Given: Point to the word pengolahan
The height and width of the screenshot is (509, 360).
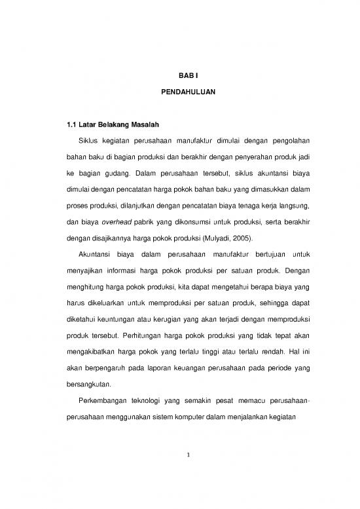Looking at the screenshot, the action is [286, 140].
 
